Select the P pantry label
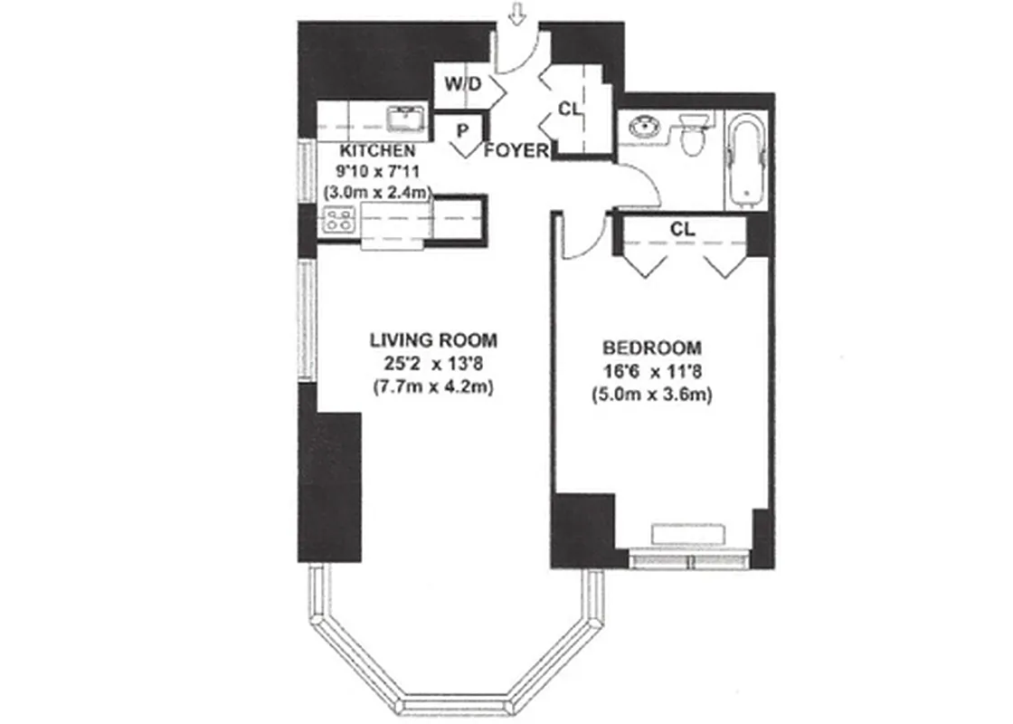(462, 130)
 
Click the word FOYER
(516, 151)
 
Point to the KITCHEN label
(377, 150)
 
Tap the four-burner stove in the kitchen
(339, 220)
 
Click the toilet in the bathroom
(692, 136)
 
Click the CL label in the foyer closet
(568, 109)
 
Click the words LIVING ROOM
(433, 340)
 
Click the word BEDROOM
(652, 348)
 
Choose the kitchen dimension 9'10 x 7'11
(377, 171)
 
